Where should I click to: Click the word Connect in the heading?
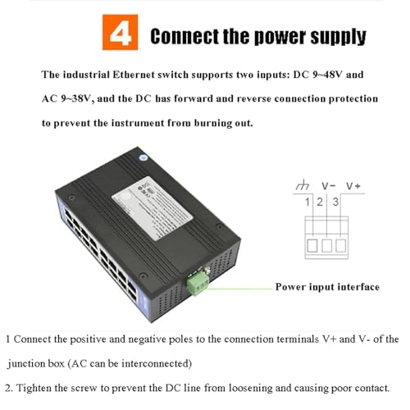tap(182, 37)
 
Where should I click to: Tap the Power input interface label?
tap(326, 287)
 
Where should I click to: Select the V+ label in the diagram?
tap(354, 185)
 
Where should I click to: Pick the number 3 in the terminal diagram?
tap(336, 202)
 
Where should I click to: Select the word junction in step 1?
tap(30, 363)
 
